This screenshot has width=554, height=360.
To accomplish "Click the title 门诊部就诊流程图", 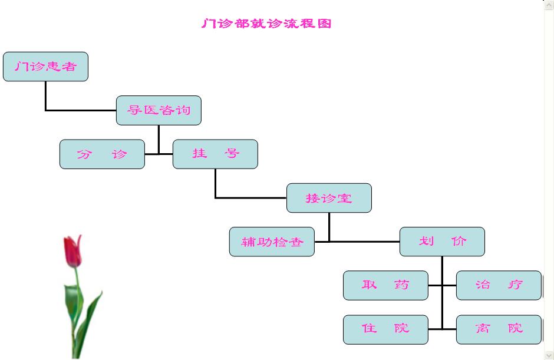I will [x=266, y=24].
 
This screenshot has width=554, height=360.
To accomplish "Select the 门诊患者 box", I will [x=45, y=66].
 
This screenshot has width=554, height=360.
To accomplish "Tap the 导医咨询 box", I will [x=159, y=110].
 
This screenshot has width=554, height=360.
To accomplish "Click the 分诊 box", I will [x=102, y=154].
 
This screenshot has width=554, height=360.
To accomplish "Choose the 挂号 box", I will [x=215, y=154].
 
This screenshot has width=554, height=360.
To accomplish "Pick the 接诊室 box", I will [x=329, y=198].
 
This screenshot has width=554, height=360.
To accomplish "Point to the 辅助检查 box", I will [x=272, y=242].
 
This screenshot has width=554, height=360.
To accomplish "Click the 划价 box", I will [x=442, y=242].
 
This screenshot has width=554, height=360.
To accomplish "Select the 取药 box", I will [x=385, y=285].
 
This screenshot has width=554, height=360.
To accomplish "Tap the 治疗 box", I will [x=499, y=285].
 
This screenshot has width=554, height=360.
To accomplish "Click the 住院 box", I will [x=385, y=329].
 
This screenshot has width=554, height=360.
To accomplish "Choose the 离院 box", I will [x=499, y=329].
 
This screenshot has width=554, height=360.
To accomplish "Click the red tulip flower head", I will [x=72, y=250].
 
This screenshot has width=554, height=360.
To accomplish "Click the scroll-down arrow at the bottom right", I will [x=549, y=355].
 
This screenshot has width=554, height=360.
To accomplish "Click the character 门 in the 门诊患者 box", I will [x=21, y=67].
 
